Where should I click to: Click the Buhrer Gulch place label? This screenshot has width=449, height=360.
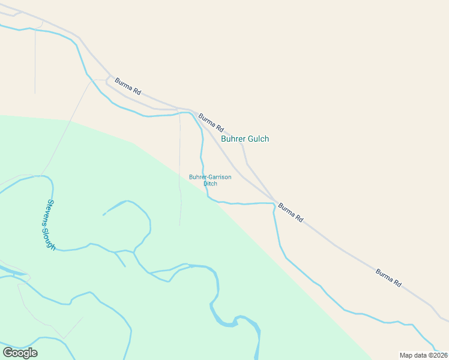tap(245, 139)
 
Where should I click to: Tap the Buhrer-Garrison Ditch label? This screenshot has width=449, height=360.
tap(210, 180)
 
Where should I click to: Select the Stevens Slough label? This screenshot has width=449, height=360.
tap(51, 225)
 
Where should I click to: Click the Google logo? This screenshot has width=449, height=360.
tap(20, 353)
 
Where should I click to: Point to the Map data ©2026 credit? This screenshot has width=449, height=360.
tap(423, 355)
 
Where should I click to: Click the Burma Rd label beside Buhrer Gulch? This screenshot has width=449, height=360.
tap(211, 123)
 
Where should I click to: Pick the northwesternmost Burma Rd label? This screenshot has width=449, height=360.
tap(127, 86)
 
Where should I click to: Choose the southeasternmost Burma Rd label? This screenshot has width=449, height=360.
tap(388, 277)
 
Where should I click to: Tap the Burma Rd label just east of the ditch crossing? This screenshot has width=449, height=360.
tap(291, 213)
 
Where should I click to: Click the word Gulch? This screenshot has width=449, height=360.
tap(258, 139)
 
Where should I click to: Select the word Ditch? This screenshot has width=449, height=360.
tap(210, 184)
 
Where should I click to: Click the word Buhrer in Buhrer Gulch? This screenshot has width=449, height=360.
tap(233, 139)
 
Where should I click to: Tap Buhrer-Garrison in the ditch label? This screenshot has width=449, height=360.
tap(210, 177)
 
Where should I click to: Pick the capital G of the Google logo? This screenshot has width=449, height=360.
tap(7, 352)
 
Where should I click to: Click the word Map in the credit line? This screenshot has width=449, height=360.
tap(406, 355)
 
